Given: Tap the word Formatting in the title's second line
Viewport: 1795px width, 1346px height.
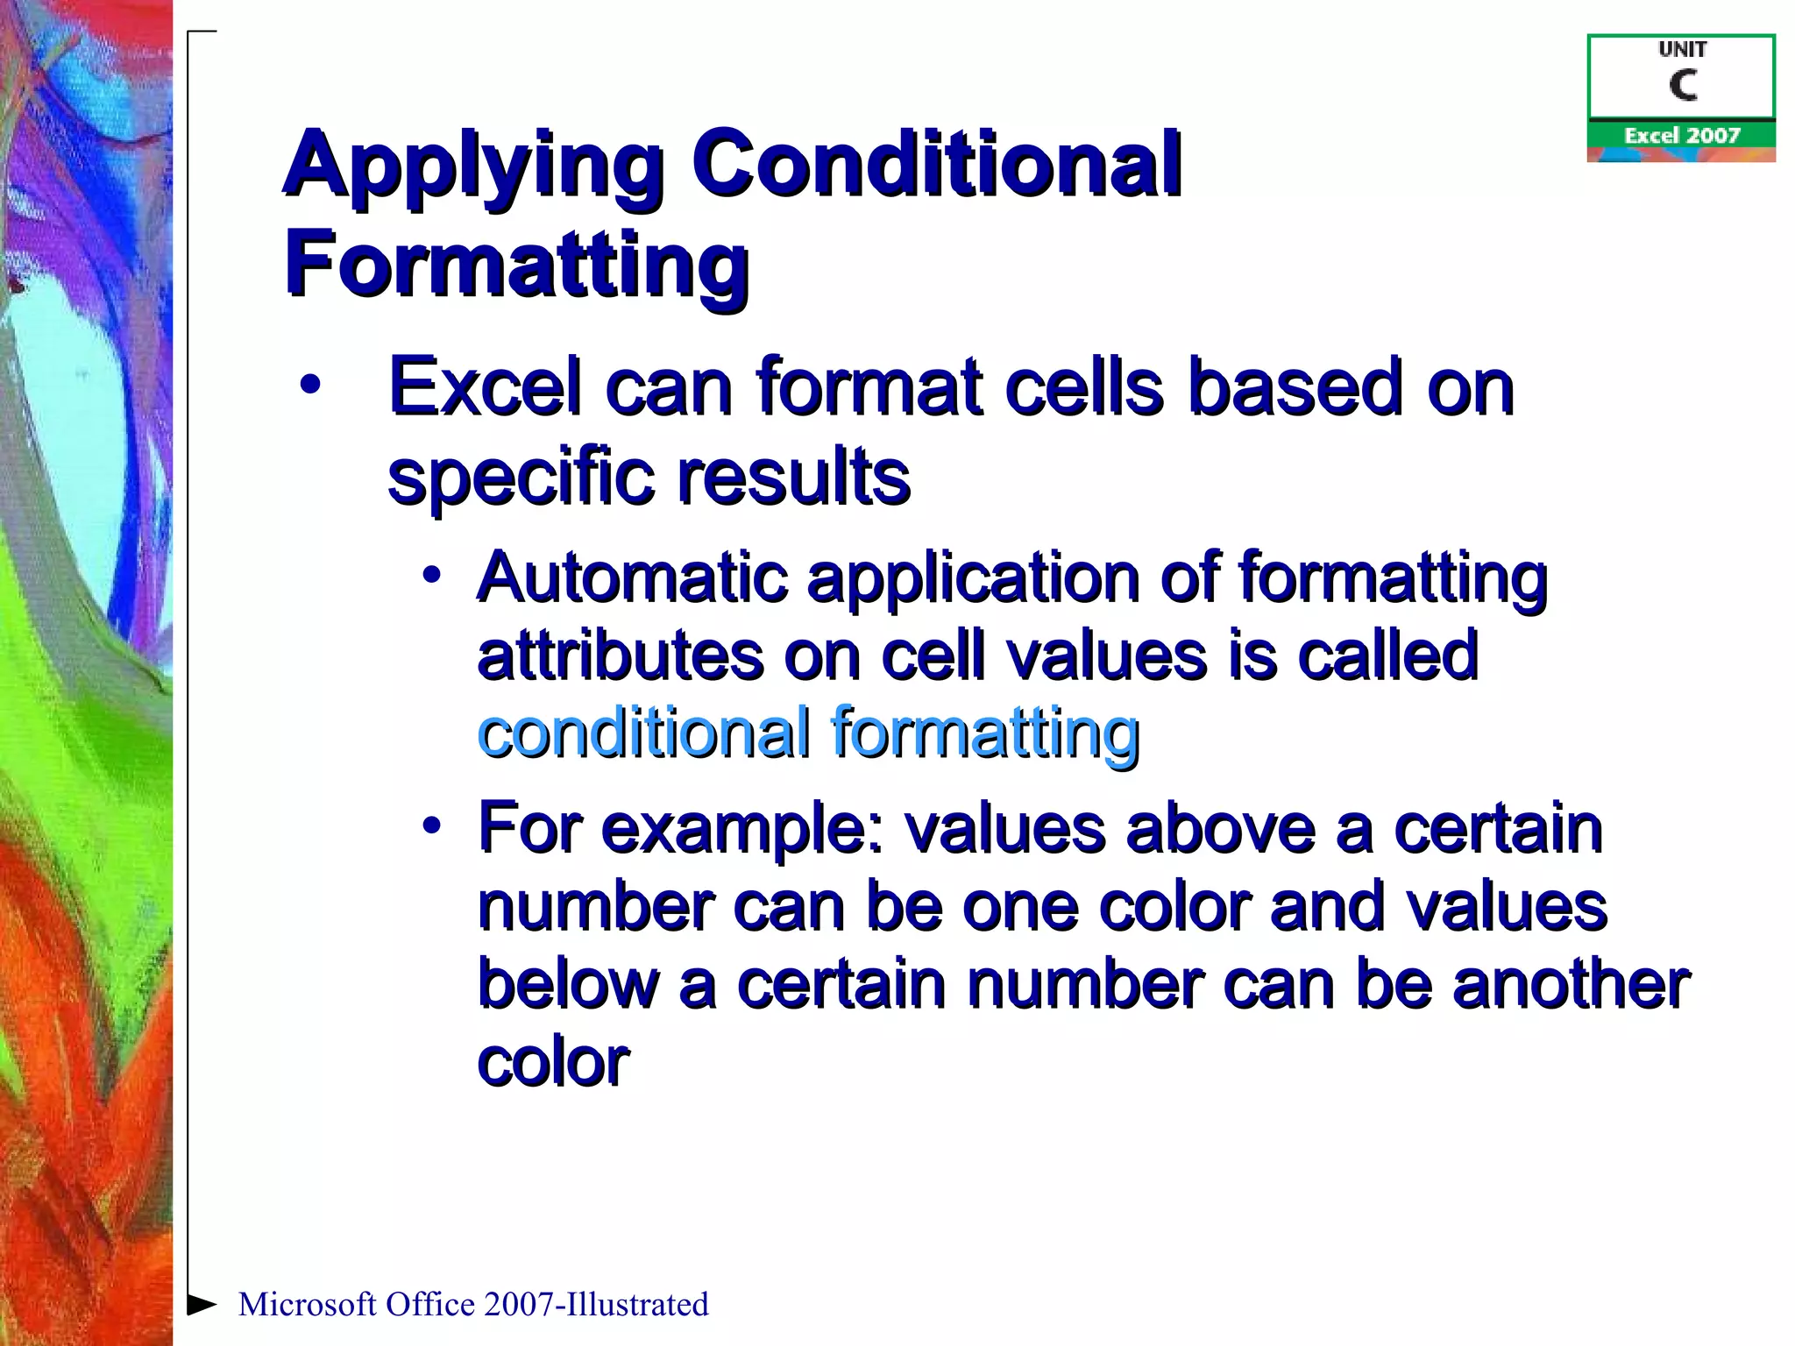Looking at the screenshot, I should (516, 263).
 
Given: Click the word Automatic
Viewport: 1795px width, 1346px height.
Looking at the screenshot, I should (632, 578).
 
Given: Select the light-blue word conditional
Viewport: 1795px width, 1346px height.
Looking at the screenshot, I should (643, 733).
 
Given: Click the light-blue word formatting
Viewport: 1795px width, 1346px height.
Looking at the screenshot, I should (985, 734).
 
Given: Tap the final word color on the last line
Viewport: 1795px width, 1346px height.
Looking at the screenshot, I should (553, 1062).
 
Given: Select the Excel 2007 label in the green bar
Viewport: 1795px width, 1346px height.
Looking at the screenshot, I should (1681, 136).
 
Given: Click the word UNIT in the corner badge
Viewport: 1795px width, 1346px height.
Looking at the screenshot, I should (1682, 50).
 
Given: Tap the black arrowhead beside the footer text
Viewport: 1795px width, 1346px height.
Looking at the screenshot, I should (202, 1304).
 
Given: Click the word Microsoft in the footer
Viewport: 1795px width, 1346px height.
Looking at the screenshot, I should (308, 1305).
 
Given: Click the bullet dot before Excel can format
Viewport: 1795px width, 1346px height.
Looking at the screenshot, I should (309, 385).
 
